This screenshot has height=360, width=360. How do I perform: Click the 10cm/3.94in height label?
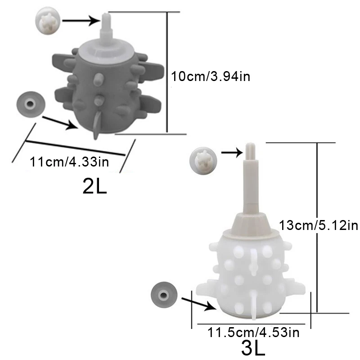point(211,76)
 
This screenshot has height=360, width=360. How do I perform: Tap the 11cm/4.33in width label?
point(69,162)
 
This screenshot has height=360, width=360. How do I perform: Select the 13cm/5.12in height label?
point(319,225)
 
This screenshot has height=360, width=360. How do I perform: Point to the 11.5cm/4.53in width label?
point(253,332)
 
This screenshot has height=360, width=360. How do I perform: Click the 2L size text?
point(94,186)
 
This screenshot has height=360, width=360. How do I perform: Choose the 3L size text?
point(253,348)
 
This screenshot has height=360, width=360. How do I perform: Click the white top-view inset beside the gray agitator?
point(48,21)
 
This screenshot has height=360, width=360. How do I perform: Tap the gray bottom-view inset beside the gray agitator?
point(31,104)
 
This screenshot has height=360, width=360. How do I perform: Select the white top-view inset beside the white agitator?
point(203,161)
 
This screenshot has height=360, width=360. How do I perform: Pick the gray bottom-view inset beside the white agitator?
point(164,295)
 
